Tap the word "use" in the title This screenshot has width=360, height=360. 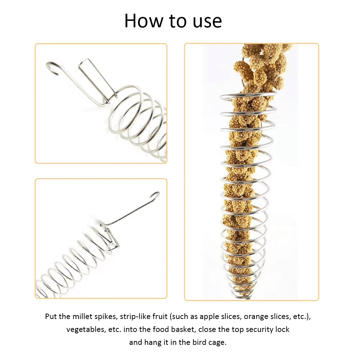pos(207,23)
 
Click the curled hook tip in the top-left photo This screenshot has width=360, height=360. pos(52,67)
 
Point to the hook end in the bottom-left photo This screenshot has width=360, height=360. pos(155,196)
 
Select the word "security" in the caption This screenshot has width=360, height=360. pos(252,330)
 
